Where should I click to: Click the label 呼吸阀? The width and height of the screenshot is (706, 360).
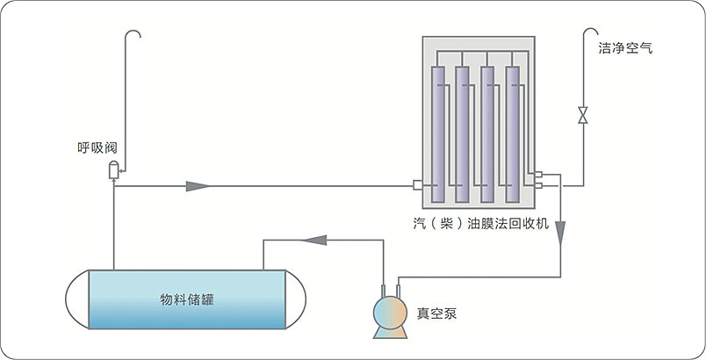pyautogui.click(x=97, y=148)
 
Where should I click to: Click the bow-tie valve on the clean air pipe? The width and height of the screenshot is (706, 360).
pyautogui.click(x=582, y=115)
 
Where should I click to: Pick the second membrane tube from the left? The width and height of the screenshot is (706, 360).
pyautogui.click(x=462, y=132)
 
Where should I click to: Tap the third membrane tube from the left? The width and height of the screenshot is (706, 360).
pyautogui.click(x=487, y=132)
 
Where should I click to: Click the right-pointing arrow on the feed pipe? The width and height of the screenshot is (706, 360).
pyautogui.click(x=198, y=185)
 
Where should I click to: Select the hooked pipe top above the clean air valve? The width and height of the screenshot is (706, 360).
pyautogui.click(x=589, y=35)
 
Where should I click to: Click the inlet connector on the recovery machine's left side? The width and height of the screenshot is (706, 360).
pyautogui.click(x=418, y=185)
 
